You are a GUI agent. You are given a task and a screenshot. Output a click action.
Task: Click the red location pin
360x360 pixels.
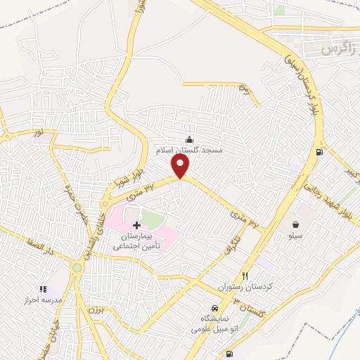tap(181, 166)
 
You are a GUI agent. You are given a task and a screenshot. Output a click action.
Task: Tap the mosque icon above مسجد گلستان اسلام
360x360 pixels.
tap(188, 139)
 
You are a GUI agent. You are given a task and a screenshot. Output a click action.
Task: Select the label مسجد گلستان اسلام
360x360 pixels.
tap(188, 150)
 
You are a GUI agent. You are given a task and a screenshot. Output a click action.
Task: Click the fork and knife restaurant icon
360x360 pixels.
tap(245, 276)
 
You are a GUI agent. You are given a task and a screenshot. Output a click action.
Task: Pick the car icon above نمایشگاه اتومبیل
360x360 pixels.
tap(214, 309)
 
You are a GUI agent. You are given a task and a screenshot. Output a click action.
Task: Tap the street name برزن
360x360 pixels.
tap(87, 310)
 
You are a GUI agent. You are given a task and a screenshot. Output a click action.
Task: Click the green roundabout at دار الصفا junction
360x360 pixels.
tap(76, 268)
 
